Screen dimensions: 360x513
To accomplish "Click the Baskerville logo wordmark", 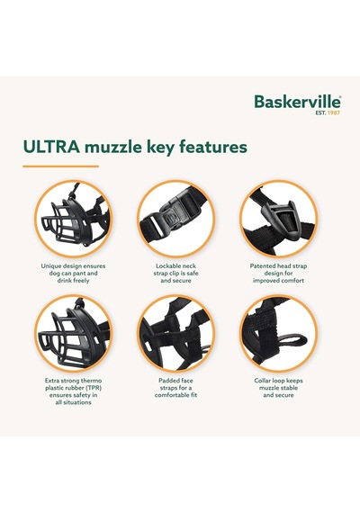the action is click(298, 102).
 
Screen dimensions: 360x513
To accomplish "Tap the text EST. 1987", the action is click(328, 112).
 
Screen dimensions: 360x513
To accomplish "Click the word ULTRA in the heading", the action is click(51, 147).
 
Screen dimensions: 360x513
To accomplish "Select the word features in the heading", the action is click(213, 147).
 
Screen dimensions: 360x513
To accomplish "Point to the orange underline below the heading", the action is click(60, 166).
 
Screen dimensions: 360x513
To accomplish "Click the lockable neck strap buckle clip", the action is click(175, 216).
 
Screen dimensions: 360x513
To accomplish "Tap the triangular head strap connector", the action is click(280, 219).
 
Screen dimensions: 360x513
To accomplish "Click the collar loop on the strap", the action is click(291, 341).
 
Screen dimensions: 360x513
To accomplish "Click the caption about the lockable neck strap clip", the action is click(175, 274).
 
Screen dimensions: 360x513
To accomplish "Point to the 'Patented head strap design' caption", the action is click(278, 274).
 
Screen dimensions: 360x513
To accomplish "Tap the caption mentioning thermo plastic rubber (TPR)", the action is click(73, 391).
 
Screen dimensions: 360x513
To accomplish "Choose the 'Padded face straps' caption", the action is click(175, 388).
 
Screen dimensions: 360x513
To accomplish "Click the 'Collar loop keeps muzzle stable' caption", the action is click(278, 388).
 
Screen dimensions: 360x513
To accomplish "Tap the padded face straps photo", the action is click(175, 333).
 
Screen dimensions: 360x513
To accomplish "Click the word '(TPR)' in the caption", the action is click(94, 388).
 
